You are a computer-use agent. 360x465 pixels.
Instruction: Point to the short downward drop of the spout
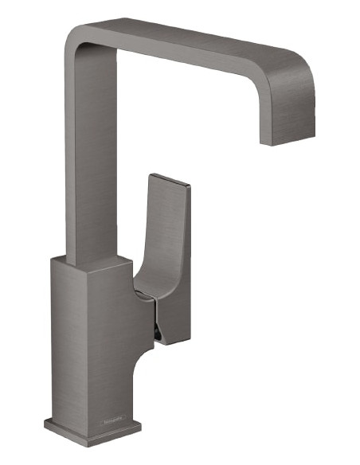(287, 111)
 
